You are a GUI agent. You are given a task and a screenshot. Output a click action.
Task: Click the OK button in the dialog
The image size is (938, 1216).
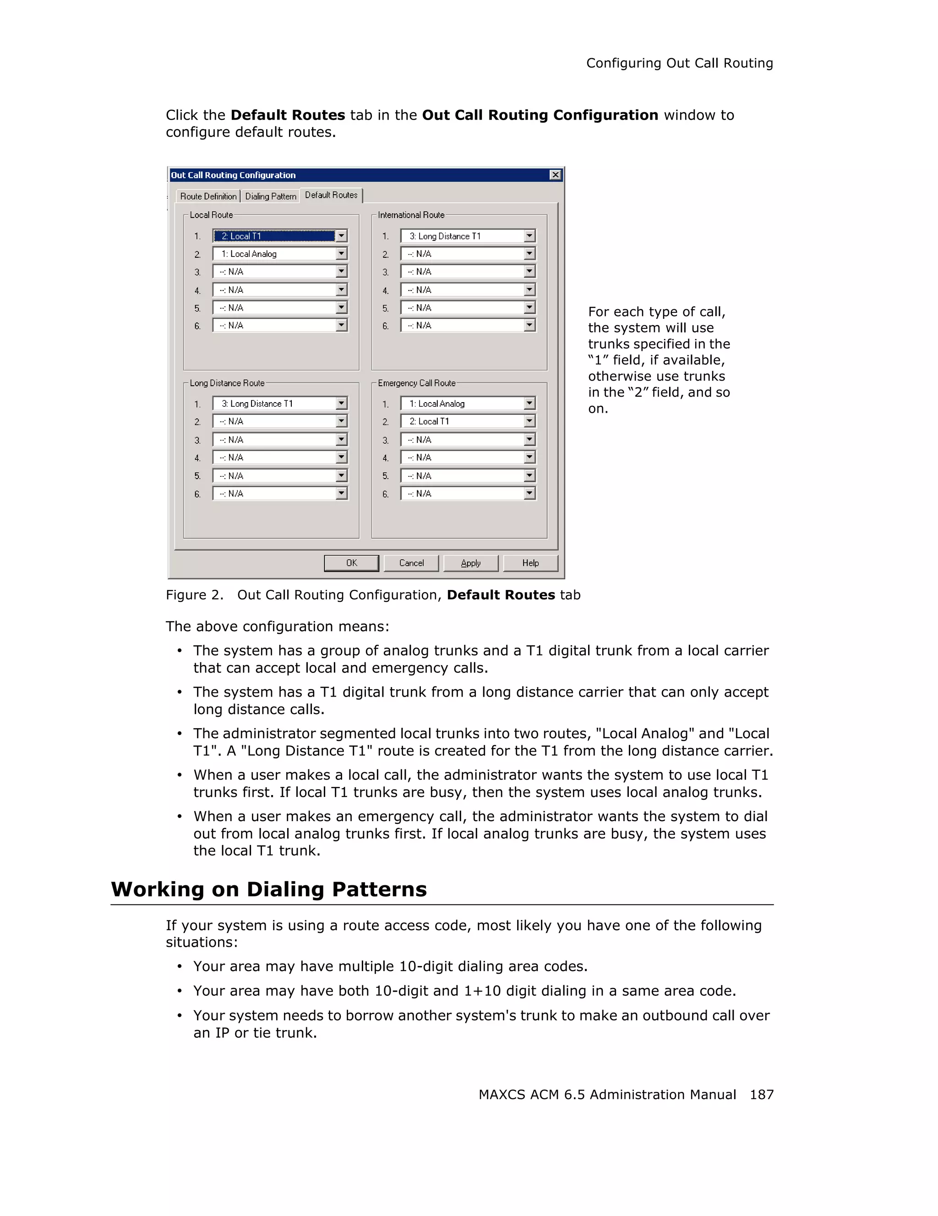tap(351, 563)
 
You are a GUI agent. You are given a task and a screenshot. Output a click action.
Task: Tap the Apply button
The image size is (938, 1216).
tap(470, 563)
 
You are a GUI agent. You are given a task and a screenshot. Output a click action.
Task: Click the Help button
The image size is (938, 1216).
tap(530, 563)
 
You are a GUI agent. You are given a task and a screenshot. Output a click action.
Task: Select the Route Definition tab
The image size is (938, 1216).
tap(208, 196)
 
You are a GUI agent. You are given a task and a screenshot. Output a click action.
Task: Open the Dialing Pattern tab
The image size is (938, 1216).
tap(271, 196)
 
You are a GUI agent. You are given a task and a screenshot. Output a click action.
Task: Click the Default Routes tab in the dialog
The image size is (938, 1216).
tap(331, 195)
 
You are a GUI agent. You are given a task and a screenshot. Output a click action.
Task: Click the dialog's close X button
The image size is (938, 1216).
tap(555, 175)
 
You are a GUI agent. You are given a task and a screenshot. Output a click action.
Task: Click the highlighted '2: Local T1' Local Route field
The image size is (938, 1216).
tap(274, 236)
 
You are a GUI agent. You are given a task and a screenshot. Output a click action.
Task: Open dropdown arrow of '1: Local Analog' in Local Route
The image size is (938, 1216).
tap(341, 254)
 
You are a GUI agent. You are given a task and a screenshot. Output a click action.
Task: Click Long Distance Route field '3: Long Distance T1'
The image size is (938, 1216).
tap(274, 404)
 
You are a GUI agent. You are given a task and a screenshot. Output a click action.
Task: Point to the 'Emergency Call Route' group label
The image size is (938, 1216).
tap(416, 383)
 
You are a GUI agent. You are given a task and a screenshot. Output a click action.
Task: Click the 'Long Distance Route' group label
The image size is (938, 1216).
tap(227, 383)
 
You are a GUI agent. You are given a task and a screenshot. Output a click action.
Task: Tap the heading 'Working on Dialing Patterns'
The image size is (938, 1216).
tap(269, 889)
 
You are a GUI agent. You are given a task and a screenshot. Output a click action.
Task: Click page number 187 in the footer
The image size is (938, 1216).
tap(761, 1095)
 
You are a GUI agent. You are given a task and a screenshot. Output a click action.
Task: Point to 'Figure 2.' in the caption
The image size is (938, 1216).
tap(194, 595)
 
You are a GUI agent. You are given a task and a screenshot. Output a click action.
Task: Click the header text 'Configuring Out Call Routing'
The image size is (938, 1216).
tap(679, 64)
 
